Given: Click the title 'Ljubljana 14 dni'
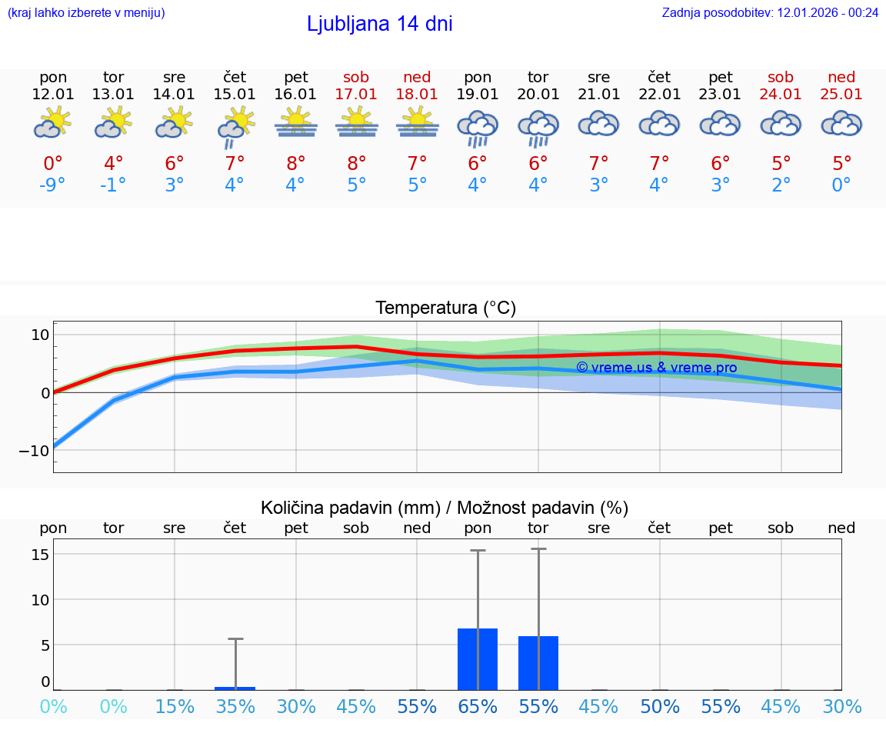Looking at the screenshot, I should click(x=379, y=24).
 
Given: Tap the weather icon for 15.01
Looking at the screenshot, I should click(x=235, y=125).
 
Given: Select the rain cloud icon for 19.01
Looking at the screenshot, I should click(x=478, y=127).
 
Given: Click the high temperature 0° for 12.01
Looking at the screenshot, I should click(x=53, y=164).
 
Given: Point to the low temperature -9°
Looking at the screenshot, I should click(x=53, y=185).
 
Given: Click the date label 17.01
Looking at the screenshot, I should click(x=356, y=94).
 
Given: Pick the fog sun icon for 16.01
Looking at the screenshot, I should click(x=296, y=123).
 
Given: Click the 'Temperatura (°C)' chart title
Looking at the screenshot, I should click(x=445, y=308).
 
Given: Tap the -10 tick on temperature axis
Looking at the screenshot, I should click(x=35, y=451).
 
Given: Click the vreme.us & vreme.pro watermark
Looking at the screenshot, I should click(x=656, y=368).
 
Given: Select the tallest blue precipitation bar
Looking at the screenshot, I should click(x=478, y=659).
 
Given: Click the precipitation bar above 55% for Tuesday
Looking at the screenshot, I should click(x=538, y=663).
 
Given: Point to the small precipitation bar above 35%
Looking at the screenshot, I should click(x=235, y=688).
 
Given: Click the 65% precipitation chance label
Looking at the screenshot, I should click(x=478, y=706).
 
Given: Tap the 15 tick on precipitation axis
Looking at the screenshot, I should click(x=41, y=555).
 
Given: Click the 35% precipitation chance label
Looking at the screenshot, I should click(x=235, y=706).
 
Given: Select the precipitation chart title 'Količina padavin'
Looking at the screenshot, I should click(x=444, y=508).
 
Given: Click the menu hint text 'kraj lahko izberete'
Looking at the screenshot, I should click(x=86, y=12).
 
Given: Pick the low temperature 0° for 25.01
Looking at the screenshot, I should click(x=841, y=185).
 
